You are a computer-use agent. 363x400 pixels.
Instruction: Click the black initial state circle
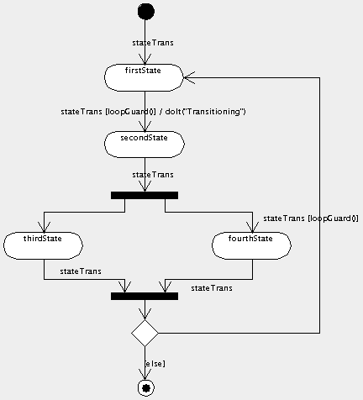point(145,11)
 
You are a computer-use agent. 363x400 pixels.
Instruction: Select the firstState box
point(145,76)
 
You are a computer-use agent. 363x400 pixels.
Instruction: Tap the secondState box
point(145,144)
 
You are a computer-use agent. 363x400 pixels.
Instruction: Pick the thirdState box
point(43,245)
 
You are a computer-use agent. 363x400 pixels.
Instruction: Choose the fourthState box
point(252,245)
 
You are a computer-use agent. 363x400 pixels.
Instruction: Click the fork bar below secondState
point(145,195)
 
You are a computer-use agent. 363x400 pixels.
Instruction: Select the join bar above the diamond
point(145,296)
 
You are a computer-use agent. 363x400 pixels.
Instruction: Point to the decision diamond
point(145,332)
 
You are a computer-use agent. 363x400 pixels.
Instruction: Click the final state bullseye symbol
point(145,387)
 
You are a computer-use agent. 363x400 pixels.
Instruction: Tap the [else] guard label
point(155,363)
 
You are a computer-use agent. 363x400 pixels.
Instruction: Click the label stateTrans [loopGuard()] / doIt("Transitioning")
point(153,111)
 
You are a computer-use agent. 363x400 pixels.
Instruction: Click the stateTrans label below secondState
point(154,175)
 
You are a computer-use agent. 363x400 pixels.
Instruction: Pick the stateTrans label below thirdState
point(81,271)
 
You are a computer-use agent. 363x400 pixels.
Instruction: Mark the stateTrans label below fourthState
point(212,288)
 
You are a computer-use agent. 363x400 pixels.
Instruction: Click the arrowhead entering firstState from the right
point(190,76)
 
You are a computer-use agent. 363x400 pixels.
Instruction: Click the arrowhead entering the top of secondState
point(145,126)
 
